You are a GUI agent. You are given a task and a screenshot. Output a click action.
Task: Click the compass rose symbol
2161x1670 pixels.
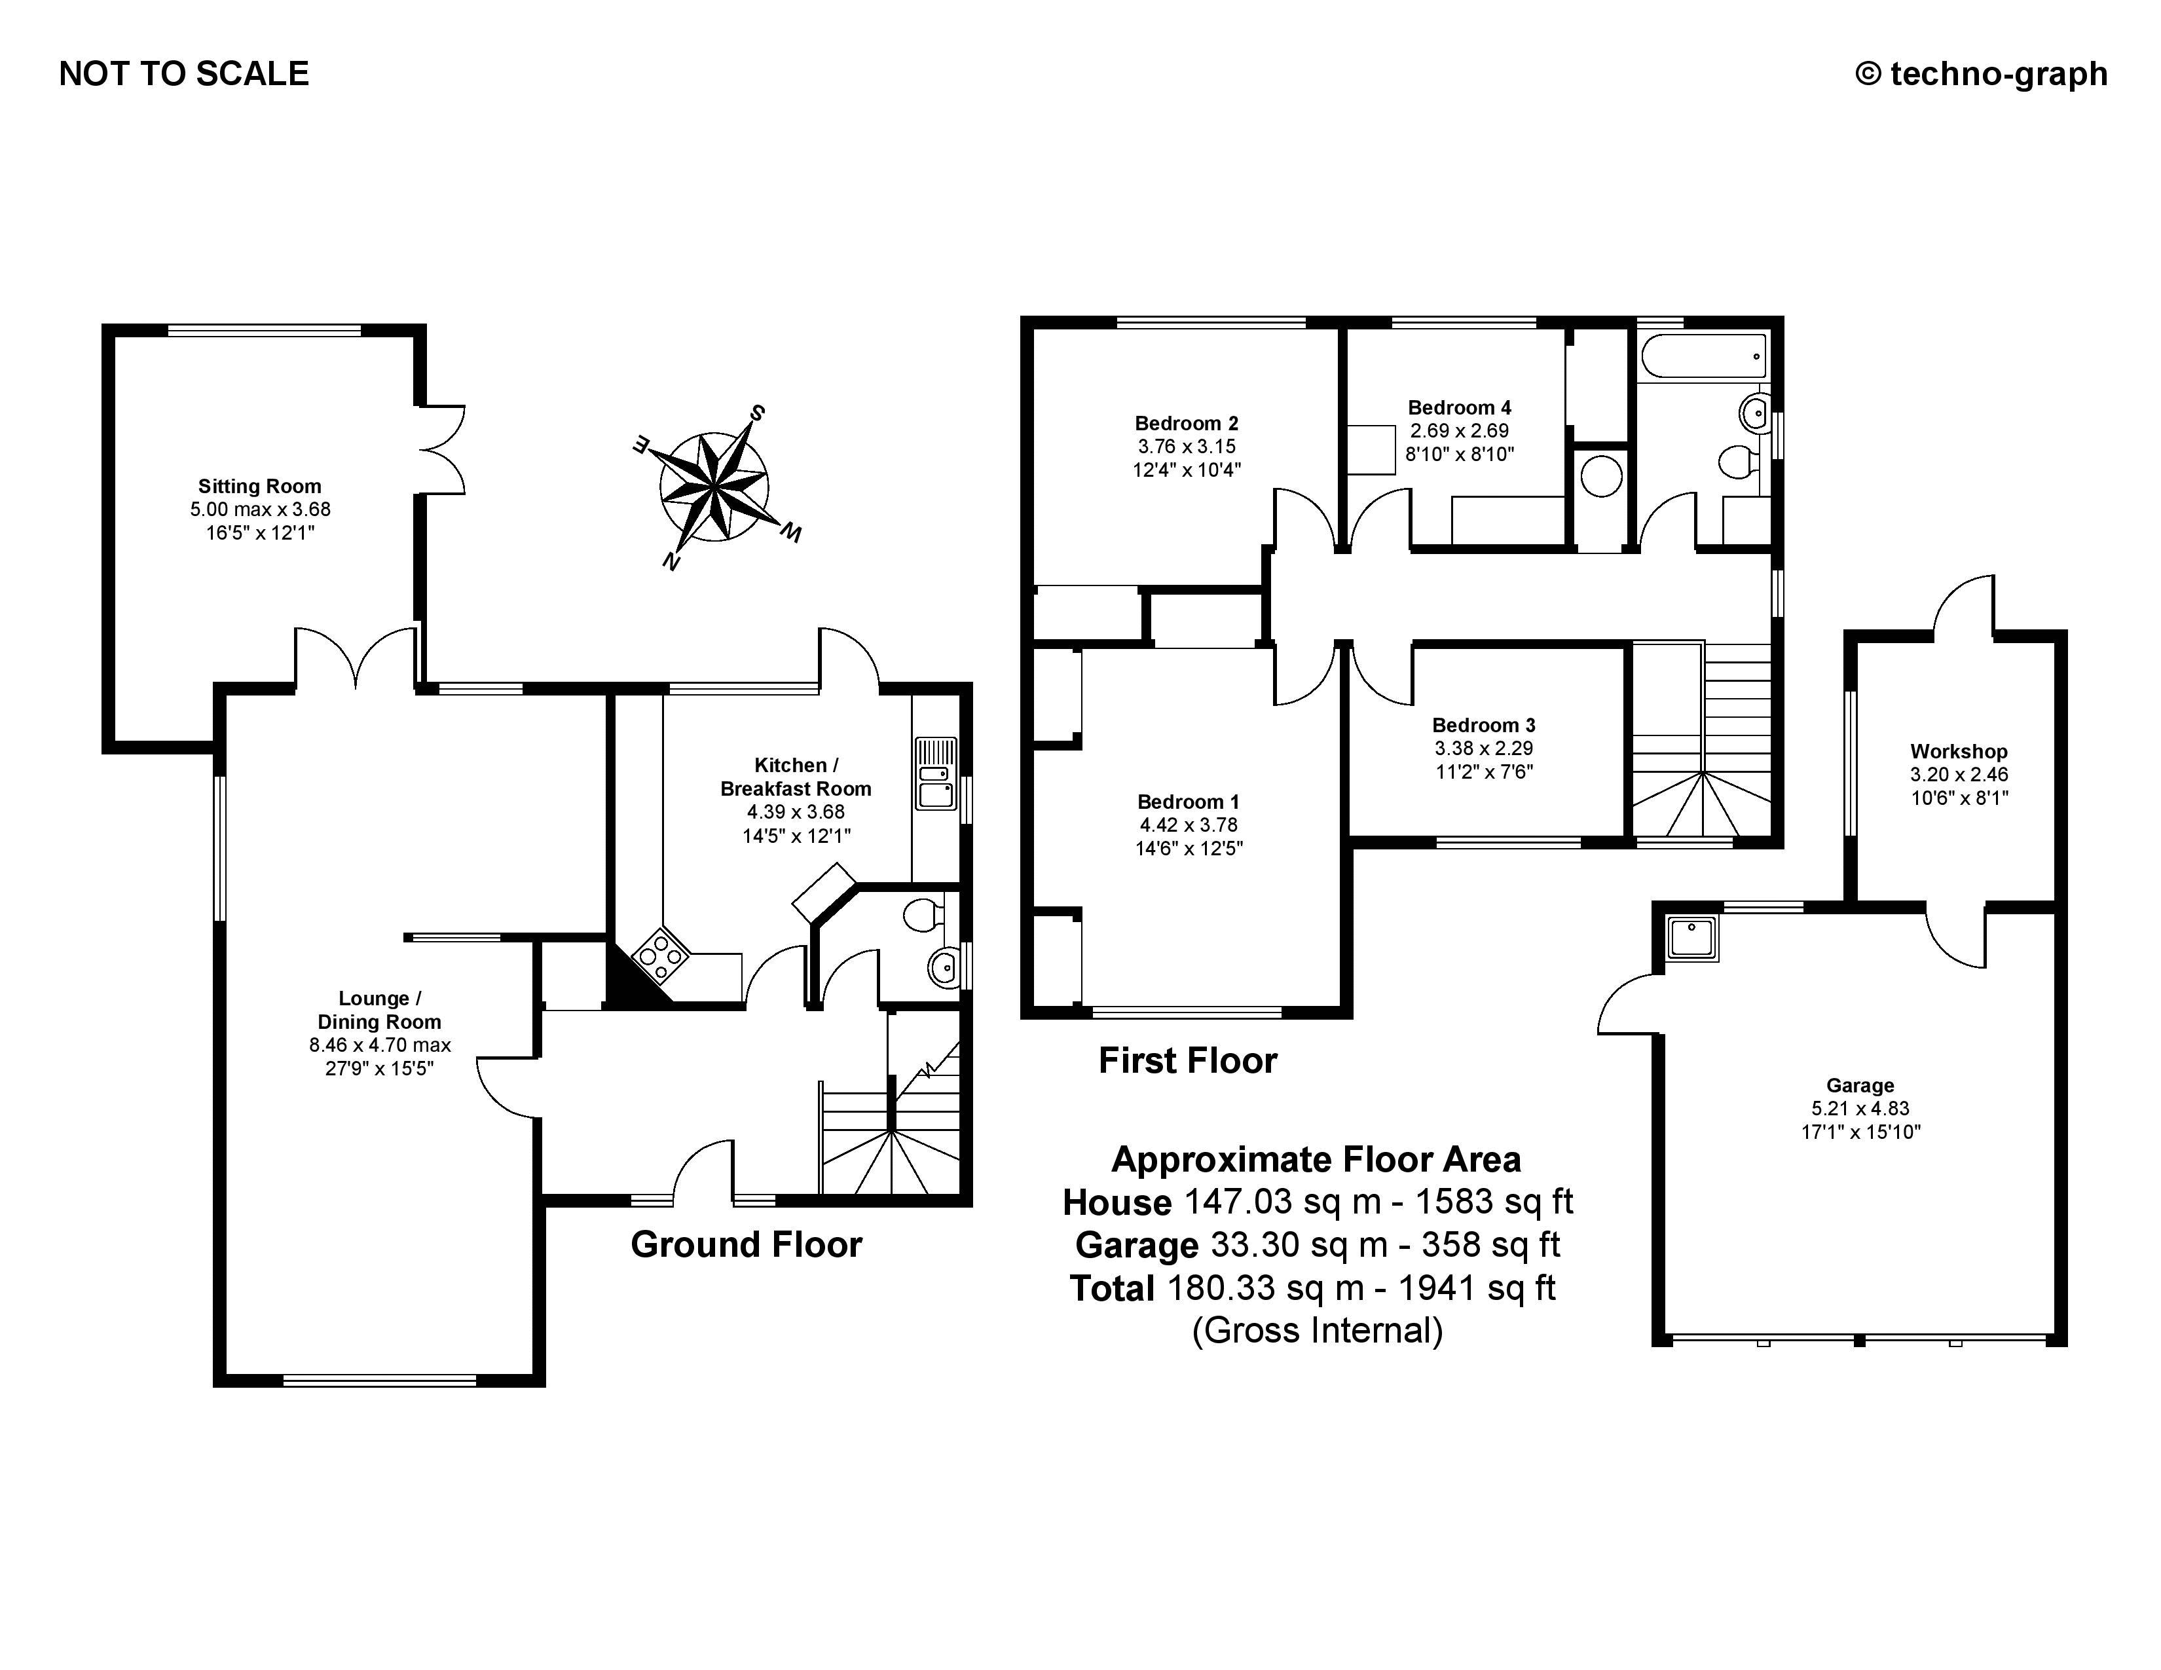click(713, 487)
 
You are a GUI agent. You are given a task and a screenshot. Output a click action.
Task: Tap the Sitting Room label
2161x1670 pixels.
click(259, 486)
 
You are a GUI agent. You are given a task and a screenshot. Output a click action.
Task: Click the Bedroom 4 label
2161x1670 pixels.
click(1460, 407)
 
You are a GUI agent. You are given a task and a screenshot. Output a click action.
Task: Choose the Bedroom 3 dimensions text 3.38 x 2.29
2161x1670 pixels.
click(1483, 749)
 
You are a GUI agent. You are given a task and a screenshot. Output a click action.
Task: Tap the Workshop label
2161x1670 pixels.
click(1958, 751)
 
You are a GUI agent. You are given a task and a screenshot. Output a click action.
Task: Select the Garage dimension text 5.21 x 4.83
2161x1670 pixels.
click(1860, 1109)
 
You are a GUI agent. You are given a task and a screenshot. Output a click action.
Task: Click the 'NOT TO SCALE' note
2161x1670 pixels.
click(184, 74)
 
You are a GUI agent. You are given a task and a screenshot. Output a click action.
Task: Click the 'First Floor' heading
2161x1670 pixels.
click(1187, 1060)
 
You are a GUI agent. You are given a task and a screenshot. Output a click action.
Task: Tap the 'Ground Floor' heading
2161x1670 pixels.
click(746, 1244)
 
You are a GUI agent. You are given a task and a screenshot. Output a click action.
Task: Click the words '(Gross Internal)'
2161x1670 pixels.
click(1317, 1331)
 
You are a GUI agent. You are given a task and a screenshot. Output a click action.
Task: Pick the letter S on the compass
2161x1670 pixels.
click(757, 413)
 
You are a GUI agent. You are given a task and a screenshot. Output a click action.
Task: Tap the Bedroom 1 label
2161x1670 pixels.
click(1187, 802)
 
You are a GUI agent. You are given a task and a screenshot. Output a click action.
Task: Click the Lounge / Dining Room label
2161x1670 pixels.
click(379, 1010)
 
